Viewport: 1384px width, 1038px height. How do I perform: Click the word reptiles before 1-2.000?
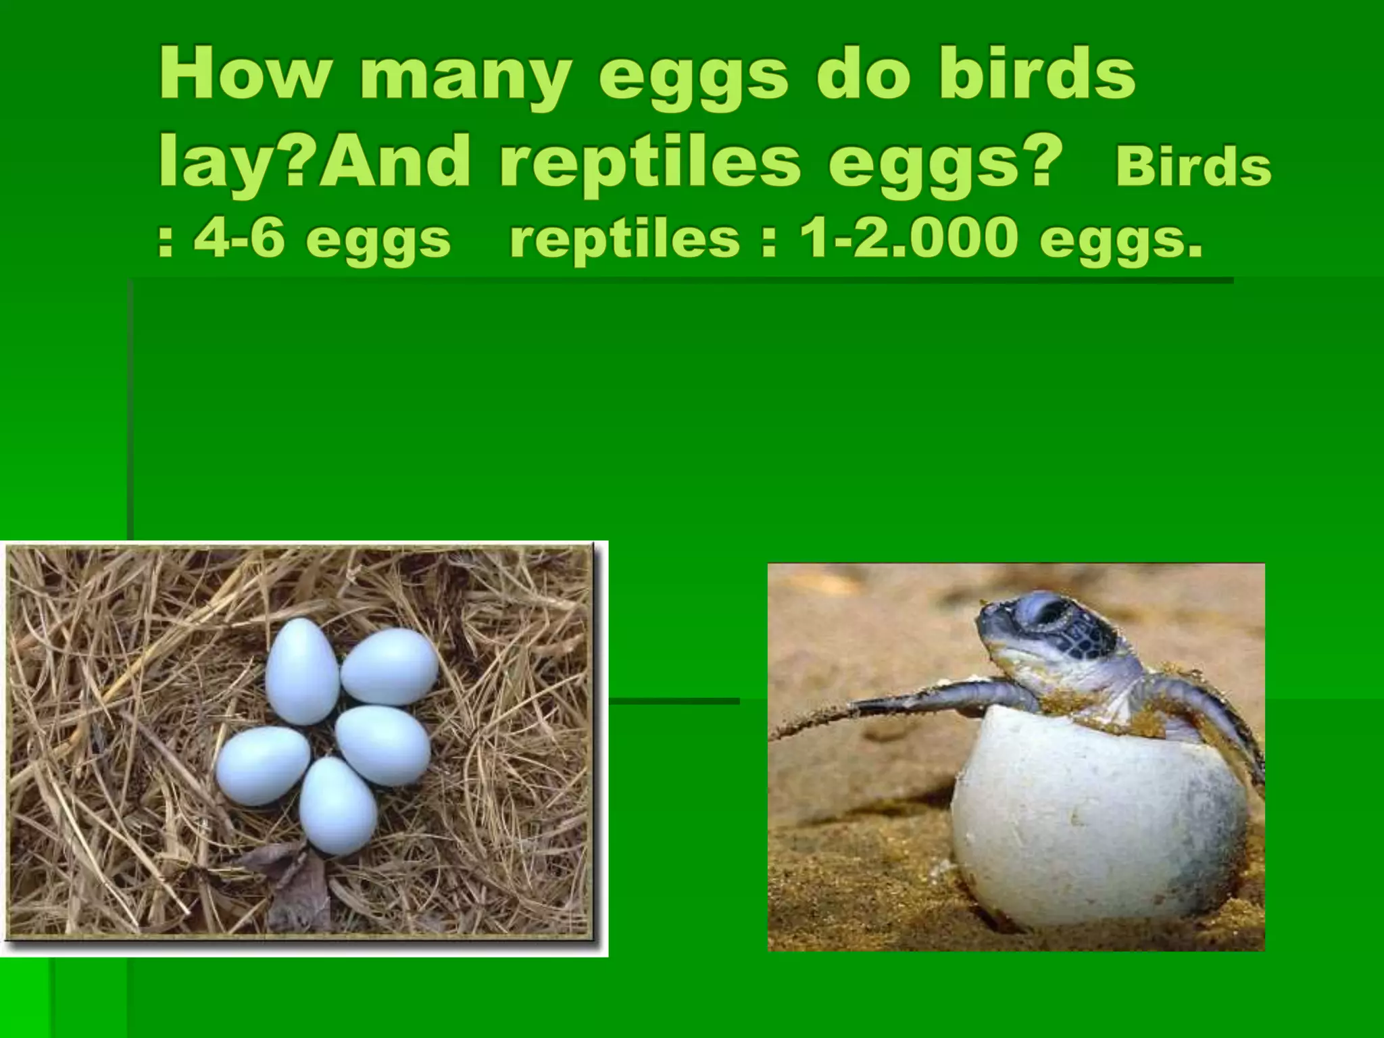624,241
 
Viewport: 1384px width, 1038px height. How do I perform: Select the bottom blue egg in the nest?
338,806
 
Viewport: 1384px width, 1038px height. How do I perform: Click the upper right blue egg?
389,657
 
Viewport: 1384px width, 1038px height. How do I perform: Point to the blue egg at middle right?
383,745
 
